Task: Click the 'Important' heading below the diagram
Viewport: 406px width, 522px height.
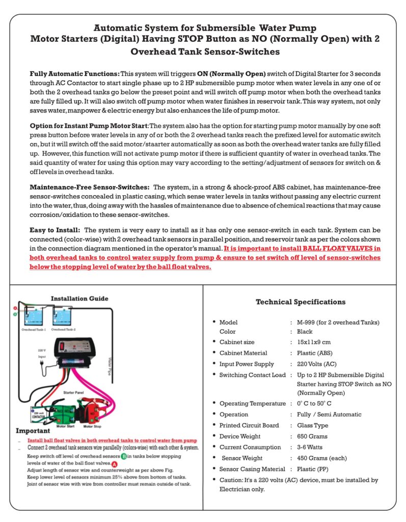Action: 32,431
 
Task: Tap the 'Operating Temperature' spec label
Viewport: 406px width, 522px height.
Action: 252,404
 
